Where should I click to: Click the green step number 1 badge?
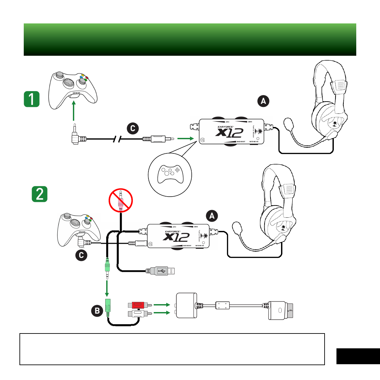point(32,99)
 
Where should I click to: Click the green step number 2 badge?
point(40,194)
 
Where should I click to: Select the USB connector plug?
point(162,271)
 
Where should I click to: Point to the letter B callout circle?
point(97,310)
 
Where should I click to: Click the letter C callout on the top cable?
point(133,128)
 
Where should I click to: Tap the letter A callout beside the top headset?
point(263,101)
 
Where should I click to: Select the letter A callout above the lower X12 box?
point(212,216)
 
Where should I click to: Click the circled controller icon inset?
point(170,175)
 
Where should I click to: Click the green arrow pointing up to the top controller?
point(74,111)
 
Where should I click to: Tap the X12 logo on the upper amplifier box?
point(230,133)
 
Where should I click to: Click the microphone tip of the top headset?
point(289,124)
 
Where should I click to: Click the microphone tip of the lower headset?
point(237,227)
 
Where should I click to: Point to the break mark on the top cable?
point(117,139)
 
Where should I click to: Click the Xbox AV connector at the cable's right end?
point(280,310)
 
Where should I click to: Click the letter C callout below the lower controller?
point(81,255)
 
